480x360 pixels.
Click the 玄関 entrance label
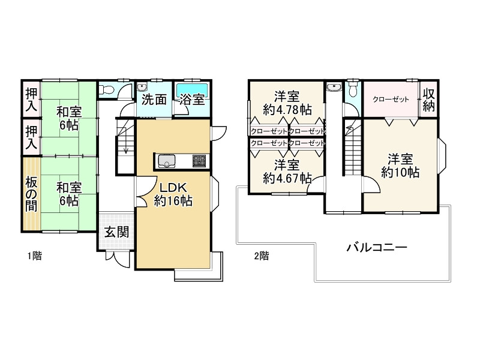point(116,232)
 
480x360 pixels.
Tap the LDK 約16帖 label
point(173,194)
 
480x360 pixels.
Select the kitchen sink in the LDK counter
point(167,161)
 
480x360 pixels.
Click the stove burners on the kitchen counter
point(199,161)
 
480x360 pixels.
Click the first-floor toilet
point(107,89)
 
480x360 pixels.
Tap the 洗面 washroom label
point(154,100)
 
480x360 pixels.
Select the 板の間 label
point(31,194)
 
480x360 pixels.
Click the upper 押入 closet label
point(31,99)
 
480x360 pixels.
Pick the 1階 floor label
point(35,256)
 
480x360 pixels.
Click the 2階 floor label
point(262,256)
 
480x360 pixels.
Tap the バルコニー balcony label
point(377,247)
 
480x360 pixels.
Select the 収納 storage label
point(428,100)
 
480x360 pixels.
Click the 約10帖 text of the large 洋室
point(400,172)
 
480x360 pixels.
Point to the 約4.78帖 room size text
point(287,109)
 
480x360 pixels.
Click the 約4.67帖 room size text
point(287,178)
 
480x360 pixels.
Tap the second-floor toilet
point(353,89)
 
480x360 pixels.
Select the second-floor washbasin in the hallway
point(334,88)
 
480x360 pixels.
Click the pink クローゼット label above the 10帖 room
point(391,99)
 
